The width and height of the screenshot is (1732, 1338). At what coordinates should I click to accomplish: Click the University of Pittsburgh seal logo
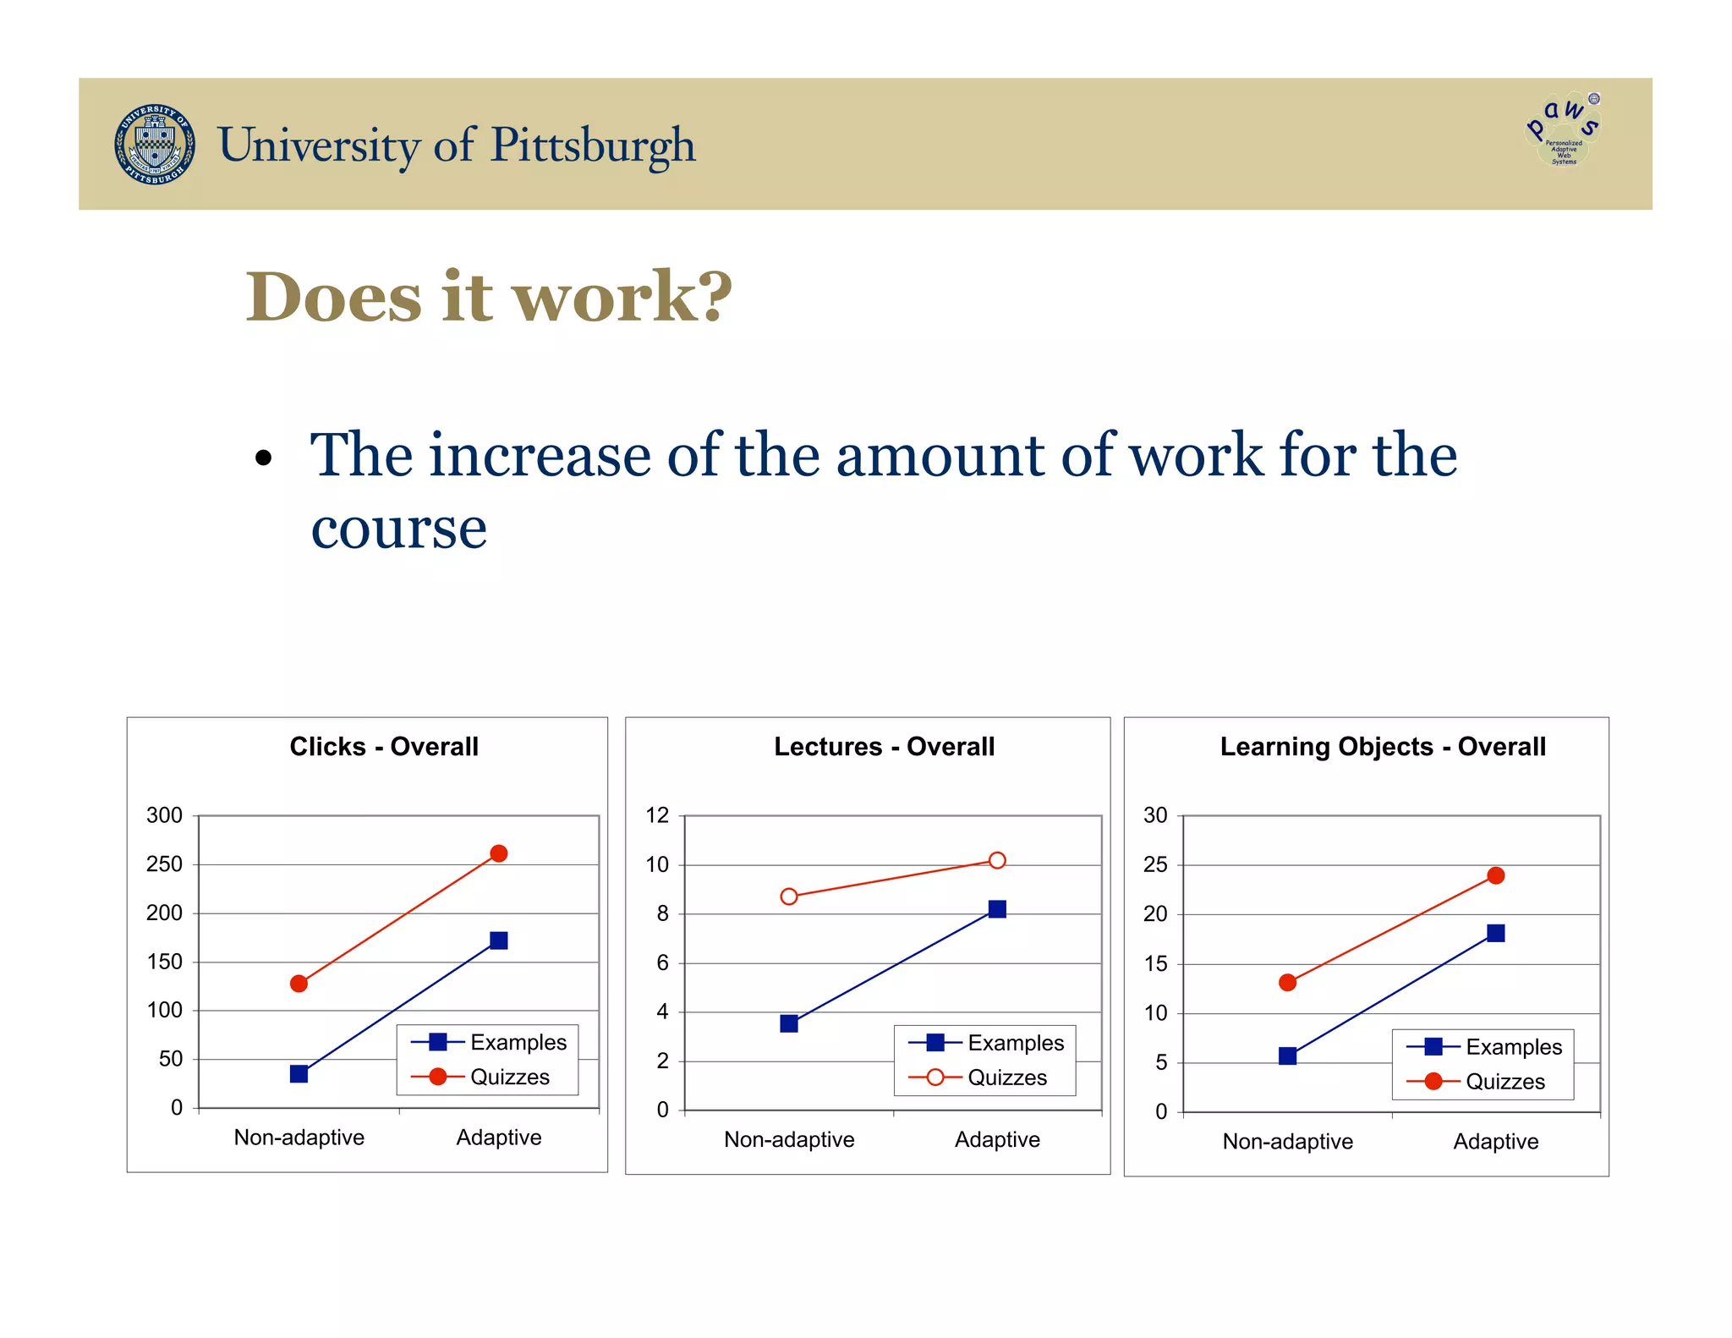[155, 145]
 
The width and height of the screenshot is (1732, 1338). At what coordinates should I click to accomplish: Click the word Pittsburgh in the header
[593, 145]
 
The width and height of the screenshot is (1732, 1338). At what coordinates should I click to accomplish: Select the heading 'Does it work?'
[489, 297]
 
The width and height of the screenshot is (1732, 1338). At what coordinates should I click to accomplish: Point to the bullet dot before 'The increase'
[264, 458]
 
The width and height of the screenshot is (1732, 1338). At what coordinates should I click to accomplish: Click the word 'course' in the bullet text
[398, 529]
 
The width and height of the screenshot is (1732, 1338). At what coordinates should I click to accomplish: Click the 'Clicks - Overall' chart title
[384, 747]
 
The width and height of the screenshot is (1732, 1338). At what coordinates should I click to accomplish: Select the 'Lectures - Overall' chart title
[884, 747]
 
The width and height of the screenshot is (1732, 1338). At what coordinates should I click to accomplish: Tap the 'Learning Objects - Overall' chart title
[1382, 747]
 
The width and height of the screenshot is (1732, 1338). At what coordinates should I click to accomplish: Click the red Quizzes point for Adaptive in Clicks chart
[499, 853]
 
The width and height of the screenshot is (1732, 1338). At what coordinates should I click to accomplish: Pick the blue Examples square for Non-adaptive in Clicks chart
[299, 1073]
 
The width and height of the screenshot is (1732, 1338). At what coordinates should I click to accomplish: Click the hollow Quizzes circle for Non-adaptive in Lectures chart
[789, 897]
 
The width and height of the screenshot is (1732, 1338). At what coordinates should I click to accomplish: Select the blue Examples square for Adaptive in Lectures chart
[997, 909]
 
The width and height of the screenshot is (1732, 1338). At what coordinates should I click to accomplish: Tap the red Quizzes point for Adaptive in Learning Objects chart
[1495, 875]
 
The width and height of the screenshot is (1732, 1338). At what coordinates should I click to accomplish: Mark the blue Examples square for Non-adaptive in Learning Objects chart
[1287, 1056]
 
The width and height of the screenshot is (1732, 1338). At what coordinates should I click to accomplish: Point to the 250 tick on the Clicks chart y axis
[165, 864]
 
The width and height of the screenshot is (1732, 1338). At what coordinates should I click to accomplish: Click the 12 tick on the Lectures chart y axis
[657, 815]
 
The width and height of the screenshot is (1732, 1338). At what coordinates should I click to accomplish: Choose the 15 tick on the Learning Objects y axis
[1155, 964]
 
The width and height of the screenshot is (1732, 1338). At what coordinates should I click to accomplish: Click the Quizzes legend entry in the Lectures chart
[1006, 1078]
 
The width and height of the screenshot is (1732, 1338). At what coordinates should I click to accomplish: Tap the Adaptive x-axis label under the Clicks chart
[499, 1138]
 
